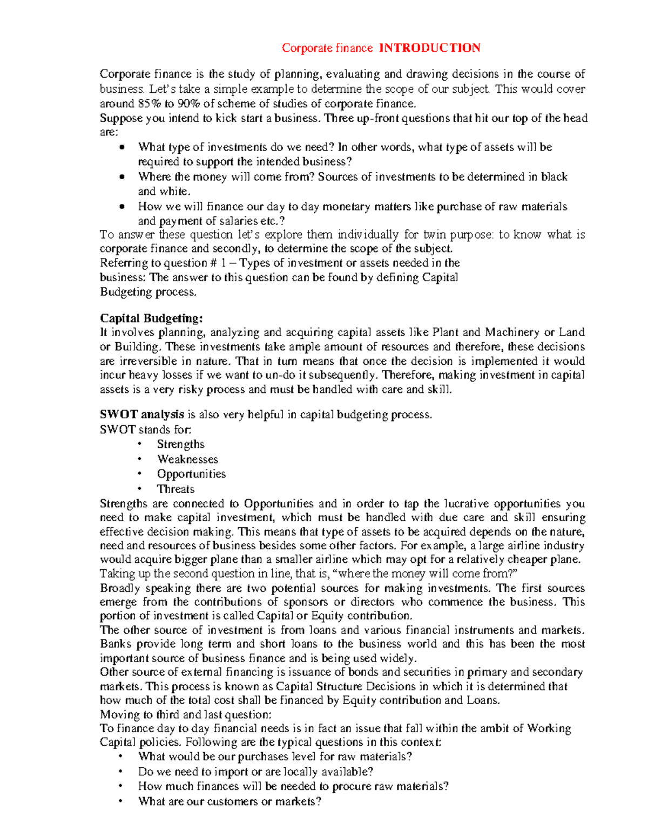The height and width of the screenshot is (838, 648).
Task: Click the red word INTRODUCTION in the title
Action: (429, 48)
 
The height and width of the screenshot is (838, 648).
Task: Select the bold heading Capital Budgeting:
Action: (151, 318)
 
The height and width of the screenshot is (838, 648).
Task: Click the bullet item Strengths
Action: (180, 444)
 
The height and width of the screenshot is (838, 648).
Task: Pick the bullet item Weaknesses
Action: (187, 459)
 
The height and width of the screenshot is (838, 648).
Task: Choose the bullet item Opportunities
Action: (191, 474)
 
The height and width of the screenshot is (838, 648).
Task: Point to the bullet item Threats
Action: (175, 489)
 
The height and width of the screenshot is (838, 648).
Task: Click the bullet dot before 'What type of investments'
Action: (123, 147)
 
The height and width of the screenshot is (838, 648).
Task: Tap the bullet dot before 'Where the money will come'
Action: (123, 177)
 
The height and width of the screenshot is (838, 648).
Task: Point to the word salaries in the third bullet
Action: (224, 221)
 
